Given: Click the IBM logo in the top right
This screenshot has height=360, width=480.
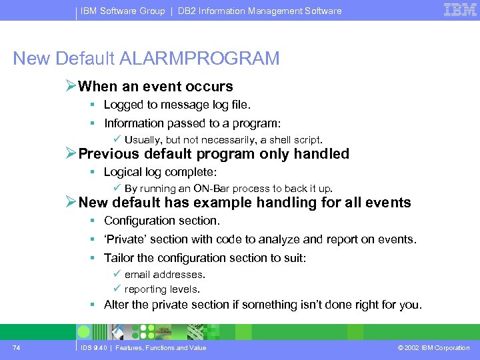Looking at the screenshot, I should click(461, 10).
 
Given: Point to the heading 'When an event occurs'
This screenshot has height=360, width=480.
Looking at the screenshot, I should click(155, 87).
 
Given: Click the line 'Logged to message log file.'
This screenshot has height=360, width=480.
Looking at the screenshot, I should click(177, 105).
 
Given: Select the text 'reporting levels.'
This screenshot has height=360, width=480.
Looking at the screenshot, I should click(162, 289).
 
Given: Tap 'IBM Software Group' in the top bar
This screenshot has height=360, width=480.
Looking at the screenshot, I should click(123, 11).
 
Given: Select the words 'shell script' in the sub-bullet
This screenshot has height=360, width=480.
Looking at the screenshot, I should click(293, 140).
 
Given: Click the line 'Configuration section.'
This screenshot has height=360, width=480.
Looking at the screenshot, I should click(162, 221).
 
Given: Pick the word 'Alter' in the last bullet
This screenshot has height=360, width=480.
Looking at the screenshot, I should click(116, 305).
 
